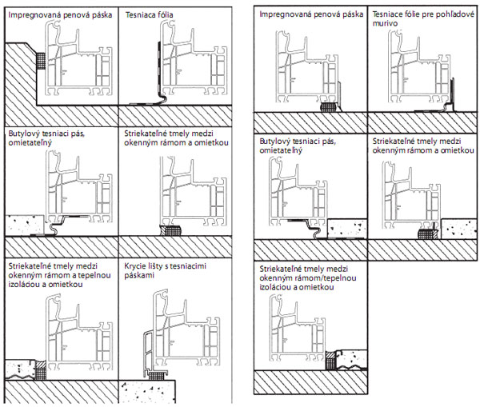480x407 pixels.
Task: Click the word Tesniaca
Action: pyautogui.click(x=143, y=14)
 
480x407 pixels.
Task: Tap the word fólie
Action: pyautogui.click(x=422, y=14)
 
